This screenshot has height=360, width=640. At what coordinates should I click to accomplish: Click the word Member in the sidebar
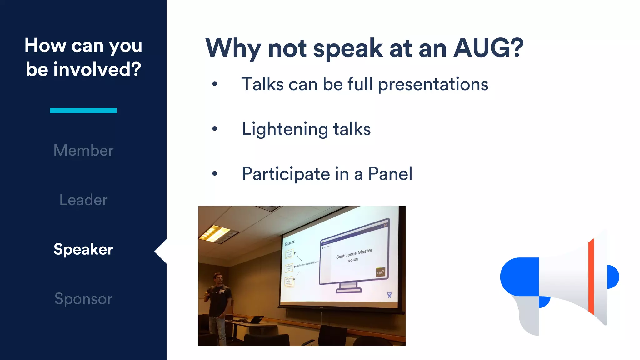click(x=83, y=150)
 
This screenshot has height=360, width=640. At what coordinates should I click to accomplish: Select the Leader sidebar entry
click(x=83, y=200)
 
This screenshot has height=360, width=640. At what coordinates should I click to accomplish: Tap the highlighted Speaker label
click(x=83, y=249)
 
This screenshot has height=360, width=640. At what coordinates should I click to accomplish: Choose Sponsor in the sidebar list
click(x=83, y=299)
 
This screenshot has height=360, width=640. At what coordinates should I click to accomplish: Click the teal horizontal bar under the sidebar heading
click(x=83, y=110)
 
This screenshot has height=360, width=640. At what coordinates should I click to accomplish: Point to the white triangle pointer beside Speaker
click(x=161, y=251)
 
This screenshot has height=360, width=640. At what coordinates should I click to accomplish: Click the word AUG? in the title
click(x=488, y=48)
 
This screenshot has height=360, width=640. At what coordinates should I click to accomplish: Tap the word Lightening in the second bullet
click(x=284, y=129)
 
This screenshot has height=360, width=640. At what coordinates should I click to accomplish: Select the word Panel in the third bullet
click(x=390, y=174)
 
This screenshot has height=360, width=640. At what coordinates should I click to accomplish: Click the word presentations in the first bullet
click(x=433, y=84)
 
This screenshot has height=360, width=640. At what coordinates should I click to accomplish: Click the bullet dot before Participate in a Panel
click(x=214, y=174)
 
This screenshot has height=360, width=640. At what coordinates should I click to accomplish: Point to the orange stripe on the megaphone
click(x=591, y=277)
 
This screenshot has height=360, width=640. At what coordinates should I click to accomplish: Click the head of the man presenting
click(x=217, y=278)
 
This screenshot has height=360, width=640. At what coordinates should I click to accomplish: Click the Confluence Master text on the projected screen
click(x=354, y=253)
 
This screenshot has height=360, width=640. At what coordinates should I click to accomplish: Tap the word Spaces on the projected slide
click(x=289, y=243)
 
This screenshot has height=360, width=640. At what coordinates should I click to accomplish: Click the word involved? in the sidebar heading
click(x=97, y=69)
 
